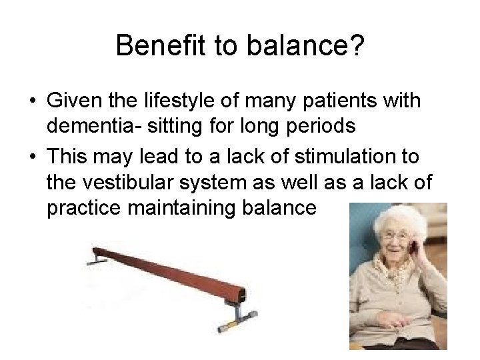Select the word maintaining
(x=185, y=209)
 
